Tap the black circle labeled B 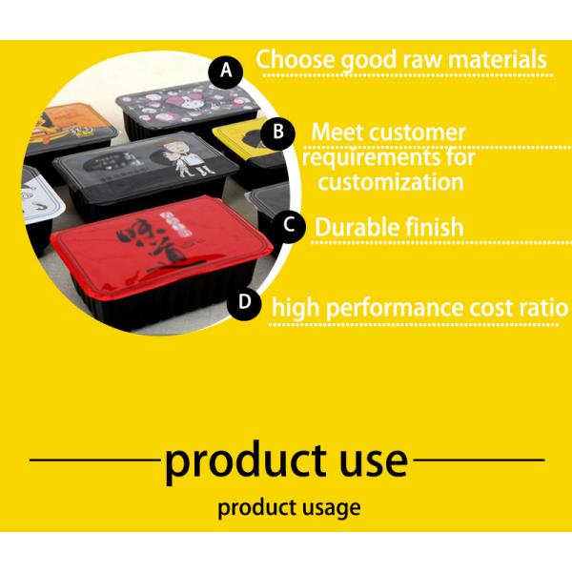click(277, 132)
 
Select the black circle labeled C click(289, 227)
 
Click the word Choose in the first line click(291, 60)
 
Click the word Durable click(357, 227)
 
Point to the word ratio click(542, 308)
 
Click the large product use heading click(286, 460)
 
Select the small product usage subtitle click(289, 507)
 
